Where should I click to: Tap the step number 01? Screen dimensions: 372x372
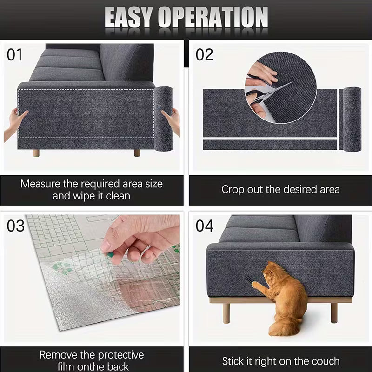tap(14, 55)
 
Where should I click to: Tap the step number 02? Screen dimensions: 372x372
tap(204, 55)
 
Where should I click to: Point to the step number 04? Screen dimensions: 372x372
tap(204, 226)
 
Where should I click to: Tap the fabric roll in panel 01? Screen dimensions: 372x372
tap(163, 119)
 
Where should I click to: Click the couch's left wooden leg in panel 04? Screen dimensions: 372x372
tap(226, 312)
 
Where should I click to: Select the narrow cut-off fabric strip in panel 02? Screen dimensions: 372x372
tap(270, 145)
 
